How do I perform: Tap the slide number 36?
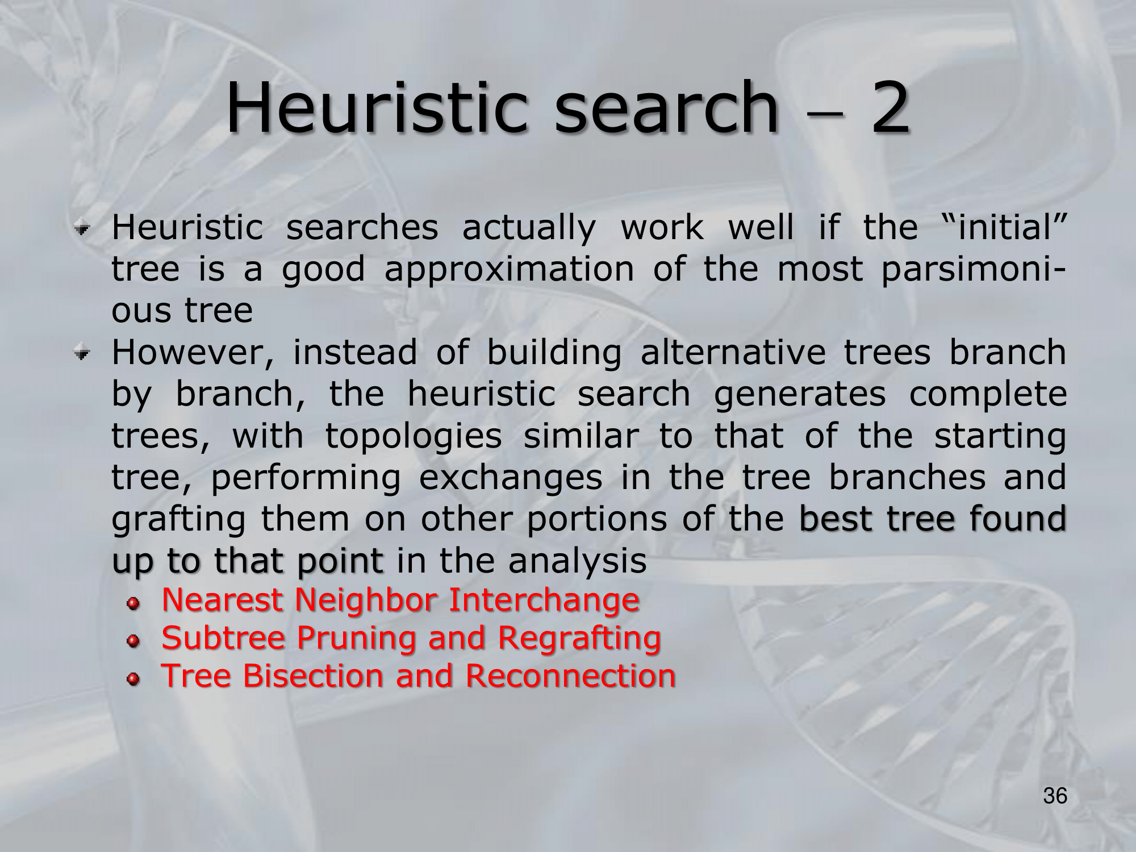pyautogui.click(x=1055, y=796)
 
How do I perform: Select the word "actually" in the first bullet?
pyautogui.click(x=529, y=228)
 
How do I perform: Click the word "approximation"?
pyautogui.click(x=509, y=270)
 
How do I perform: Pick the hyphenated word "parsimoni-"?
pyautogui.click(x=974, y=270)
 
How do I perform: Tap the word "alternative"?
pyautogui.click(x=733, y=352)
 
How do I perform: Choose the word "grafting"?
pyautogui.click(x=179, y=520)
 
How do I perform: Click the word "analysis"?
pyautogui.click(x=577, y=561)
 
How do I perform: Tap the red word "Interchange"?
pyautogui.click(x=544, y=600)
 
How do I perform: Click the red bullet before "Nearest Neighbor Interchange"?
pyautogui.click(x=133, y=604)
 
